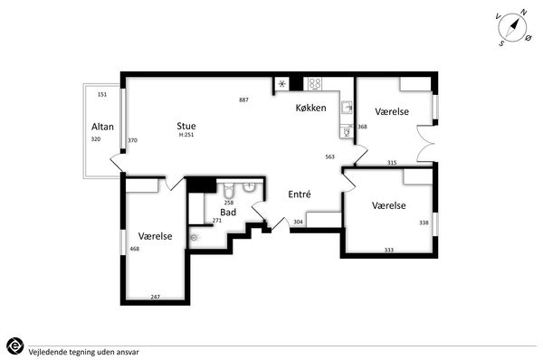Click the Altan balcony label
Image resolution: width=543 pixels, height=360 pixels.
point(102,127)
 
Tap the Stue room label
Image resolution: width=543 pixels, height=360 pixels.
point(186,126)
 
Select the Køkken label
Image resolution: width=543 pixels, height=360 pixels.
point(311,108)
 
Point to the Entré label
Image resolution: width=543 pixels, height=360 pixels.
point(300,194)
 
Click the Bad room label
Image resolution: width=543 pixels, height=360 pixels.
point(228,213)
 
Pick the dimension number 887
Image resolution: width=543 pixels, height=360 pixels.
point(243,100)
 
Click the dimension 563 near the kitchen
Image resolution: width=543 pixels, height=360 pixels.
point(330,156)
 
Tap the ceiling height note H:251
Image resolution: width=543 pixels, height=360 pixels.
point(186,135)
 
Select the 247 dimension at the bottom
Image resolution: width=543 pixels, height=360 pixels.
point(156,297)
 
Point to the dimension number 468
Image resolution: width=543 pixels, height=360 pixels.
point(134,249)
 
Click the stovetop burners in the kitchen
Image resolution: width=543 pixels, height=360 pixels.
point(315,84)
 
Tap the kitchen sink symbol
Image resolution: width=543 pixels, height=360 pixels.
point(347,108)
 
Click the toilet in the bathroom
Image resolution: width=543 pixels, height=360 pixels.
point(229,190)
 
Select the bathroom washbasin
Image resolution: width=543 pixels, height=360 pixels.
point(249,186)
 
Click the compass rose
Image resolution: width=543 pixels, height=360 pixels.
point(513,28)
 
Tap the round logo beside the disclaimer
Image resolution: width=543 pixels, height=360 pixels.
point(14,346)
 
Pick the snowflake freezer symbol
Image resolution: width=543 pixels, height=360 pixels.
point(282,84)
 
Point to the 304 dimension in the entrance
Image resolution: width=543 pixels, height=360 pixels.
point(298,222)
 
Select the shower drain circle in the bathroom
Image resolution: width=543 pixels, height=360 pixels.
point(194,238)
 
